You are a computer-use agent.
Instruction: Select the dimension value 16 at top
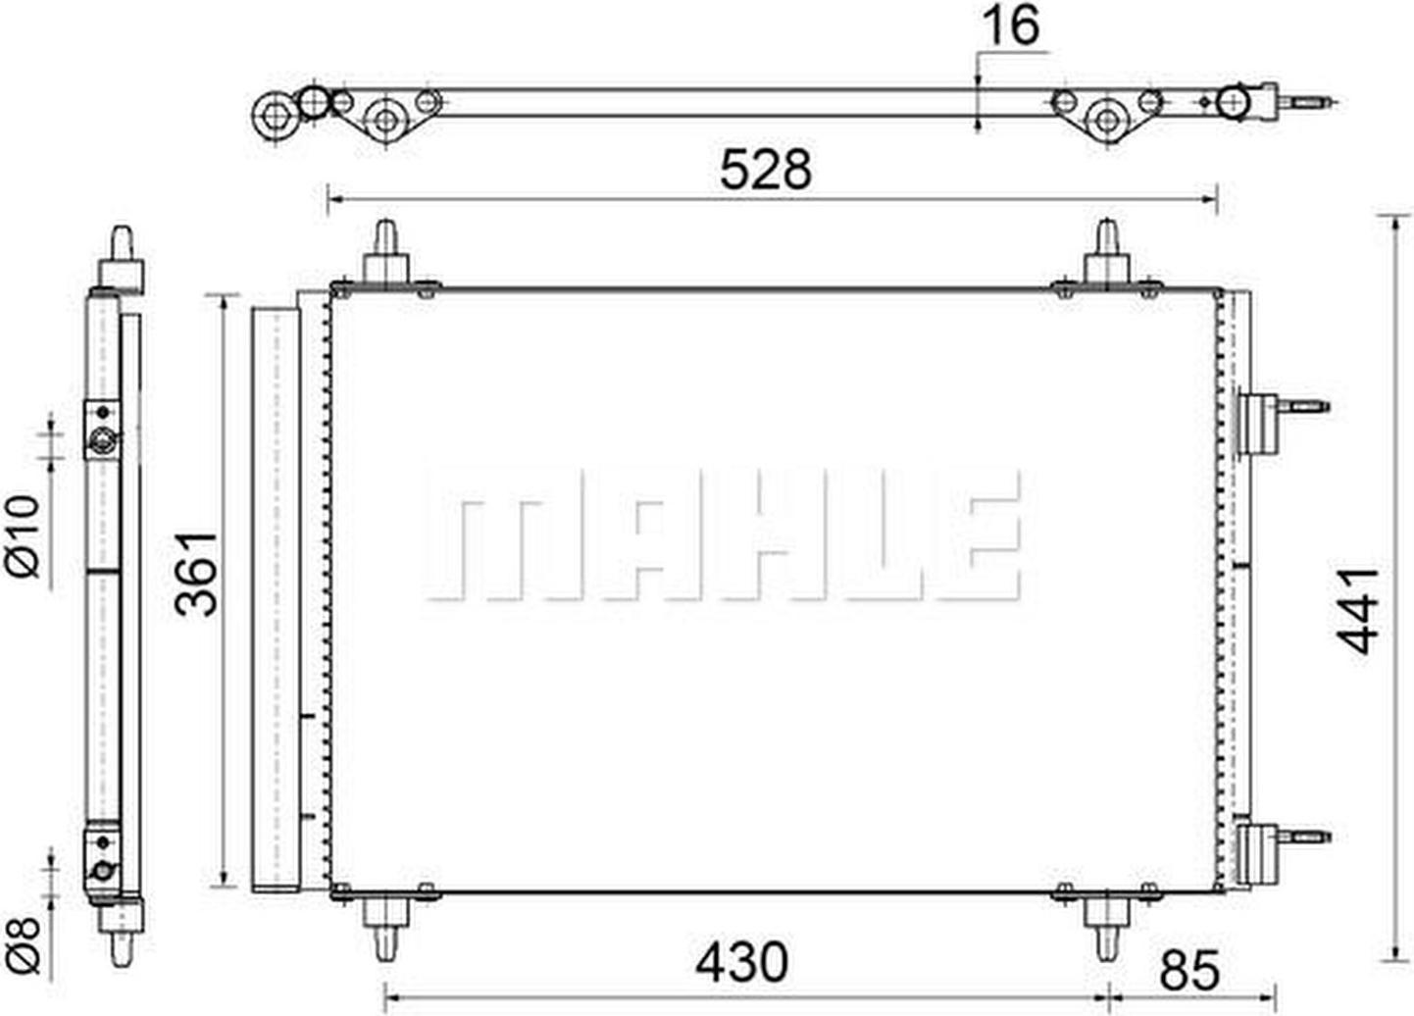(1011, 25)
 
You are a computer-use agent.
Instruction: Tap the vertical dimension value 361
(196, 574)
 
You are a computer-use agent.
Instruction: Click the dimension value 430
(742, 961)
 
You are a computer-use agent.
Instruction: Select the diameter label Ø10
(24, 536)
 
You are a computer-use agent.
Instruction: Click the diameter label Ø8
(24, 944)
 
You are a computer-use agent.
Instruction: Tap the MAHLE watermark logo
(723, 535)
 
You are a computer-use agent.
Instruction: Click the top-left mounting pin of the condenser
(385, 253)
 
